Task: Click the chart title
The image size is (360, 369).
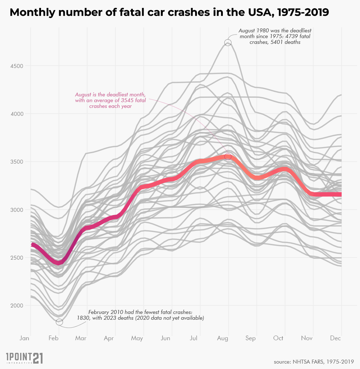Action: [x=169, y=13]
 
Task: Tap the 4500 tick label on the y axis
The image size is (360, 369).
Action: [x=15, y=66]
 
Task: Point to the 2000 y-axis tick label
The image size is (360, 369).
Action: [x=15, y=306]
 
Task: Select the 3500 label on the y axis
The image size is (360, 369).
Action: [x=15, y=162]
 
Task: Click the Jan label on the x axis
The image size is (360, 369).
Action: [x=24, y=338]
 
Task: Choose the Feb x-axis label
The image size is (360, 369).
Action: [x=53, y=338]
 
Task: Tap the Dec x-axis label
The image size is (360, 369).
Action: [x=336, y=338]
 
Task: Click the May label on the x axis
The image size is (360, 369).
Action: [x=137, y=338]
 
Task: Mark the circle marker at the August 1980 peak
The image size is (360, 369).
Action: [x=228, y=42]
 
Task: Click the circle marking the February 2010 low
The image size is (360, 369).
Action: [x=59, y=322]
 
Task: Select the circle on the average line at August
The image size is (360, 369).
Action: [x=228, y=156]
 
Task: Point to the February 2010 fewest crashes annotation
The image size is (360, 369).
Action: [x=141, y=315]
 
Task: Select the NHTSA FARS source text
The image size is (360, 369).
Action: [x=314, y=361]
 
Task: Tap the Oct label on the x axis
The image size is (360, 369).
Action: [x=278, y=338]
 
